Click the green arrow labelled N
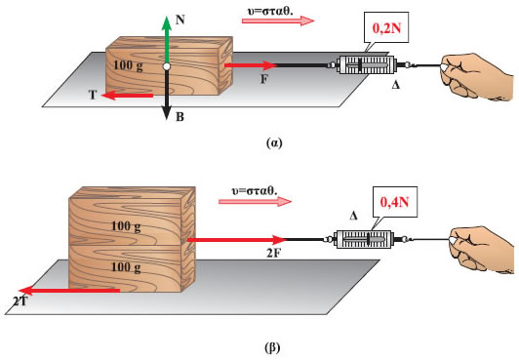pos(167,40)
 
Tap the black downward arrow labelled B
pos(167,94)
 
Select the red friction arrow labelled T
pos(128,96)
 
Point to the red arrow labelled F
pos(251,65)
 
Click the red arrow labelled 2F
pos(237,239)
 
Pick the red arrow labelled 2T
pos(69,291)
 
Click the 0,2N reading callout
pos(386,30)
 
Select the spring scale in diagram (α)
pos(367,64)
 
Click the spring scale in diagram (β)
pos(363,239)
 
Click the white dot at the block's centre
pos(167,66)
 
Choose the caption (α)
pos(274,143)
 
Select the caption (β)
pos(273,348)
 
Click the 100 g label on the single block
pos(128,65)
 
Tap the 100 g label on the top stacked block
pos(126,226)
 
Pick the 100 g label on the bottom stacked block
pos(126,266)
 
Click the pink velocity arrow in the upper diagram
pos(278,20)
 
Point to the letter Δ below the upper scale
pos(395,85)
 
